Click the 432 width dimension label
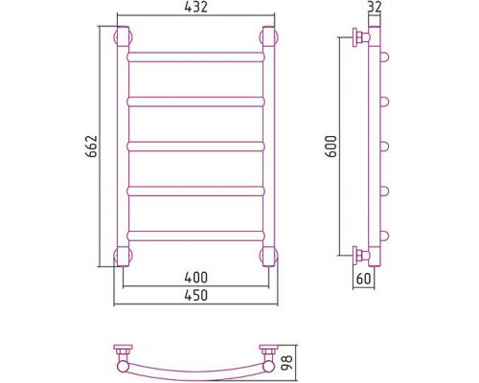point(195,7)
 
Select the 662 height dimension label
point(92,146)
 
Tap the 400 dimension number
point(196,278)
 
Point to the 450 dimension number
point(196,295)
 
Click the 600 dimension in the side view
point(331,146)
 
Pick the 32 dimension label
point(375,7)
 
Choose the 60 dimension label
point(363,279)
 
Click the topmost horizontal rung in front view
point(196,56)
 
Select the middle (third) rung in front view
point(196,146)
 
